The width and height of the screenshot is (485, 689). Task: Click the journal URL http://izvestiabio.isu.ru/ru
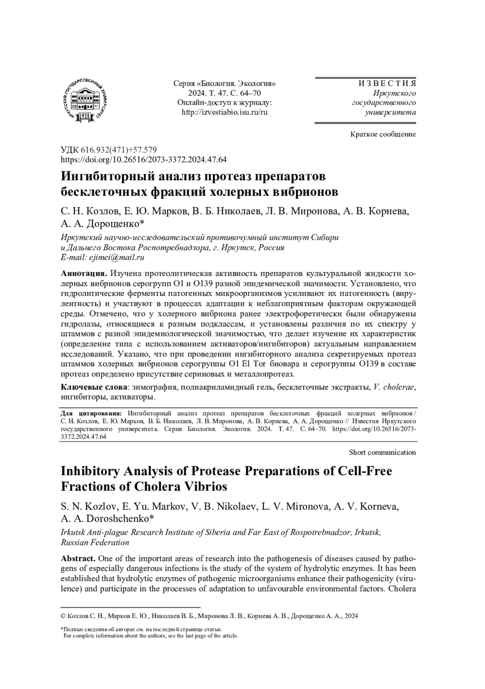pos(224,112)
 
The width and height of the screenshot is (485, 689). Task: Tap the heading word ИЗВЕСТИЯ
pos(387,84)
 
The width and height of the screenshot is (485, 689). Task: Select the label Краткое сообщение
pos(383,134)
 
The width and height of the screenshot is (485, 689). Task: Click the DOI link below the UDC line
pos(143,159)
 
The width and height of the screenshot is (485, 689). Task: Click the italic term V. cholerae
pos(394,387)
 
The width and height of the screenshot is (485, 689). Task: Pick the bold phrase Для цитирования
pos(91,413)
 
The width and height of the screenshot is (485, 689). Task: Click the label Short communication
pos(382,452)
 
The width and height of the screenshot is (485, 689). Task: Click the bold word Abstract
pos(78,559)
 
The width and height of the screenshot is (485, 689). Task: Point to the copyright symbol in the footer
pos(63,616)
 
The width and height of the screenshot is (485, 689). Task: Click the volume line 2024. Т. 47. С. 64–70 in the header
pos(224,93)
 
